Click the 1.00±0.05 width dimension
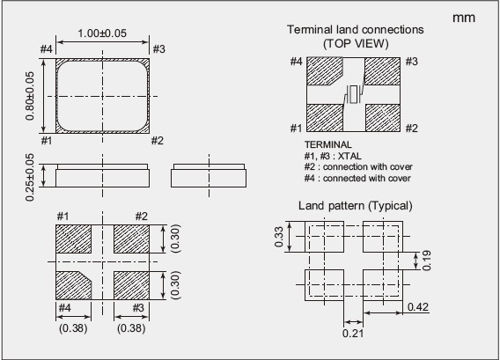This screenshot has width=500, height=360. coord(102,33)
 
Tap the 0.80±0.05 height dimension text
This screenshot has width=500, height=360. coord(29,96)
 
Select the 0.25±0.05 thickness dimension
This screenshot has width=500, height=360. coord(29,177)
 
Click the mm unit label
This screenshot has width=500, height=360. coord(464,18)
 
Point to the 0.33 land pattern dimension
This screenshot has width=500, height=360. coord(278,237)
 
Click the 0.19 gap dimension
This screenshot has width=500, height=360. coord(426,261)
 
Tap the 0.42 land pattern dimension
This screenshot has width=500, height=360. coord(418,307)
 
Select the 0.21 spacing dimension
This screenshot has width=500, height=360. coord(353,334)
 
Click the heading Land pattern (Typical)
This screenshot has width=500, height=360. coord(356,206)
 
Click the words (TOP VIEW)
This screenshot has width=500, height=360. coord(356,43)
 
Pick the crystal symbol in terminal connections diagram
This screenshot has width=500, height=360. coord(353,94)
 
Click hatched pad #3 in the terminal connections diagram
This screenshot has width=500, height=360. coord(382,71)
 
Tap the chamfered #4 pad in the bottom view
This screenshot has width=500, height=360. coord(73,286)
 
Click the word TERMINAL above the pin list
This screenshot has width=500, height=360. coord(328,144)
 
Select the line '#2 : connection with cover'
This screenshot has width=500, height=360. coord(358,166)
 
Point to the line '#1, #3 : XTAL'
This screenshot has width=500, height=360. coord(333,156)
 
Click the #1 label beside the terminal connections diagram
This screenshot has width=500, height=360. coord(296,129)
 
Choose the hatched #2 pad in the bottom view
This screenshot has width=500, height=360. coord(131,239)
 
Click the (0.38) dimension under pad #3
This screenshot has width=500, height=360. coord(131,328)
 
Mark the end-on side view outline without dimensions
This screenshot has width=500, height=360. coord(209,176)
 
